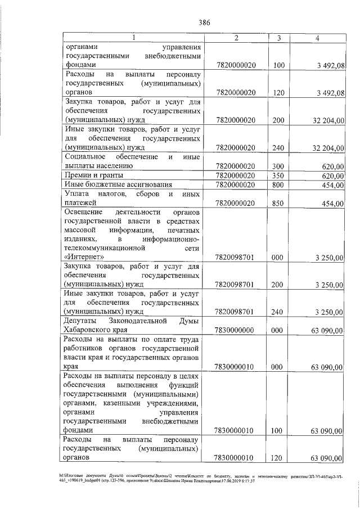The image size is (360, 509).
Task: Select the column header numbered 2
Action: click(x=236, y=38)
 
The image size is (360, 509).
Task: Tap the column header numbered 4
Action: click(x=318, y=38)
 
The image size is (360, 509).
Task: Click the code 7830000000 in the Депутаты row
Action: click(x=236, y=331)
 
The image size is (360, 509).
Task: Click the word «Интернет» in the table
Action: click(x=85, y=257)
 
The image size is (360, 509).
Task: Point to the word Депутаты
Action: click(x=84, y=321)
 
